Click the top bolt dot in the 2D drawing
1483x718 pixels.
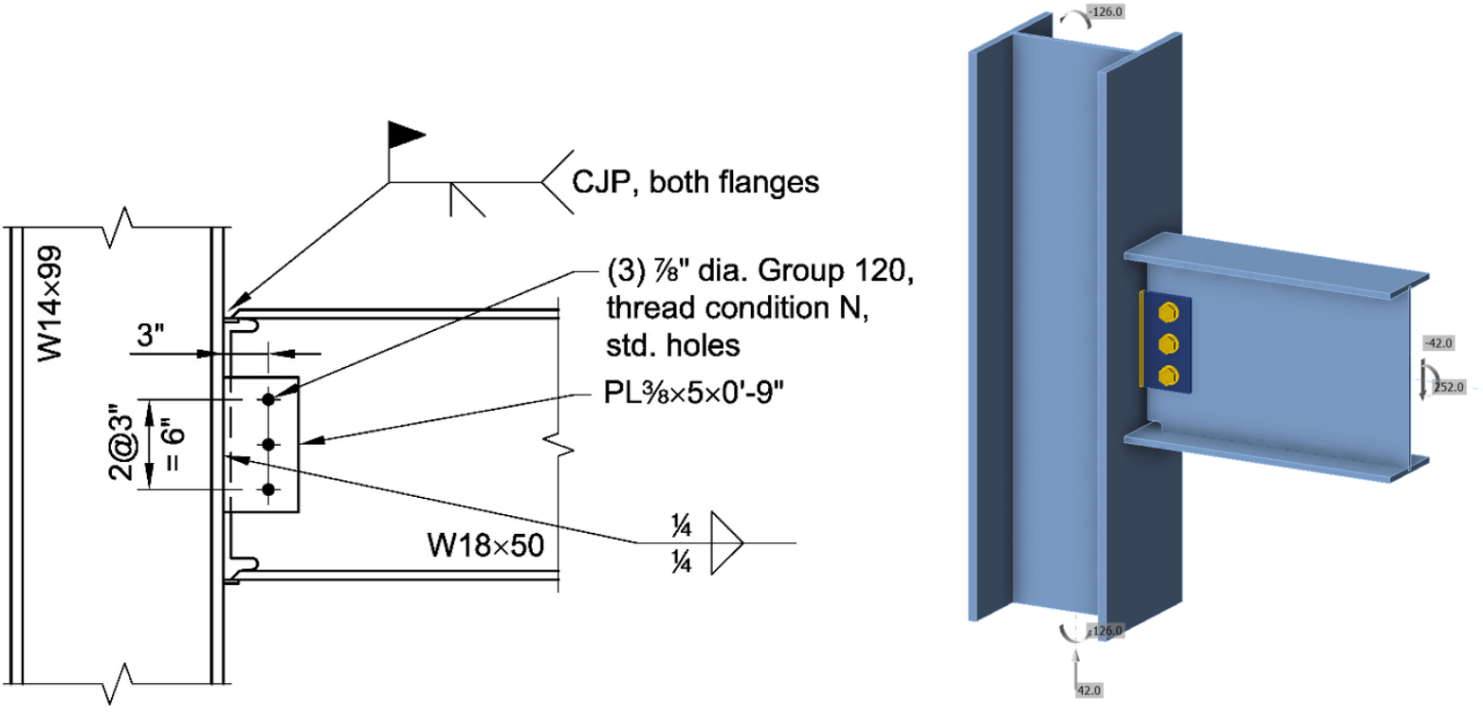[x=269, y=400]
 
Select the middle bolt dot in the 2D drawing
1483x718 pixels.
[x=269, y=444]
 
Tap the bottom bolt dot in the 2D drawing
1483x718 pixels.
[x=269, y=489]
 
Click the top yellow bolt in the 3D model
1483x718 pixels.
[x=1169, y=312]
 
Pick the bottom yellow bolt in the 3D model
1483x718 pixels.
[x=1169, y=372]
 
